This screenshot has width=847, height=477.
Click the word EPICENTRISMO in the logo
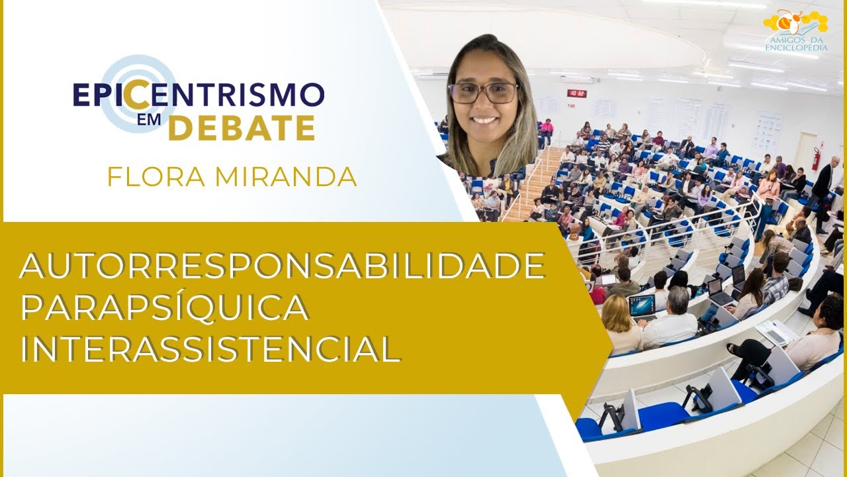pyautogui.click(x=199, y=95)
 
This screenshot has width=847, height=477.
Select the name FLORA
pyautogui.click(x=152, y=177)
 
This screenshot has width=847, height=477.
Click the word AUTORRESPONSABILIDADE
pyautogui.click(x=283, y=267)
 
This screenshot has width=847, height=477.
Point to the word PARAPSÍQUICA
pyautogui.click(x=164, y=307)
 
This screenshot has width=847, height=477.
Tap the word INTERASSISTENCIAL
pyautogui.click(x=210, y=348)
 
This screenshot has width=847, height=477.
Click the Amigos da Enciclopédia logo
pyautogui.click(x=796, y=30)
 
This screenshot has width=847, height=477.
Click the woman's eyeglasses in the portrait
pyautogui.click(x=483, y=93)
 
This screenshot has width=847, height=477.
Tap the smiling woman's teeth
pyautogui.click(x=485, y=121)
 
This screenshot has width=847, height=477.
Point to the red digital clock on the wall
pyautogui.click(x=576, y=93)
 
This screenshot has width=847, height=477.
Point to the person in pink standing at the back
pyautogui.click(x=547, y=131)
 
